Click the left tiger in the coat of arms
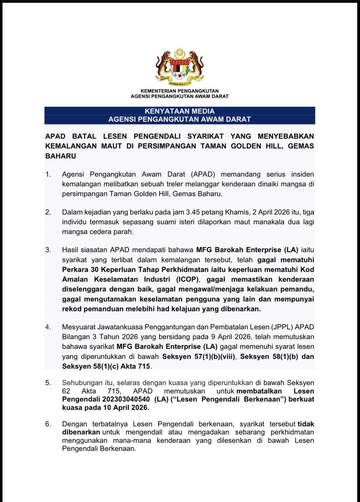pos(163,64)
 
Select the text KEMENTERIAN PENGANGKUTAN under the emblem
pos(180,90)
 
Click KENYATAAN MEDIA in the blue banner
pos(180,111)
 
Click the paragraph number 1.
pos(47,174)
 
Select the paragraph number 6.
pos(47,424)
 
